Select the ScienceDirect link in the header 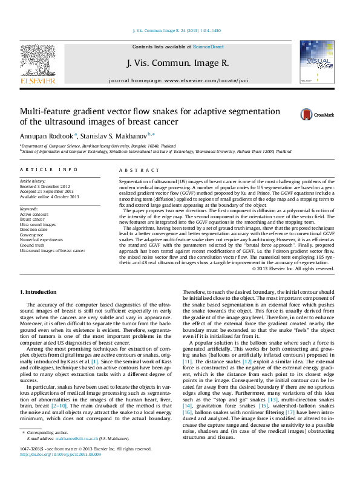tap(208, 47)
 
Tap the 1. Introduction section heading tap(38, 292)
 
